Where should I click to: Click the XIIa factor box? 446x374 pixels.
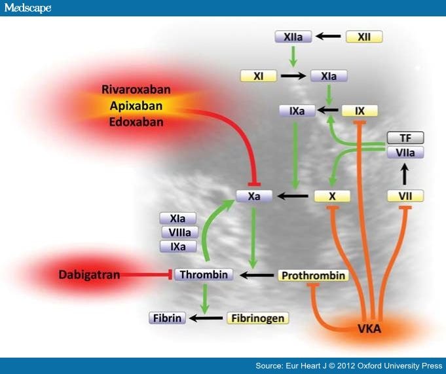tap(293, 37)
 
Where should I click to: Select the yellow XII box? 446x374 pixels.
tap(364, 37)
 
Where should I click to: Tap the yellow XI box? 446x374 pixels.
tap(259, 76)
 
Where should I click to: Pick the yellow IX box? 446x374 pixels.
tap(360, 111)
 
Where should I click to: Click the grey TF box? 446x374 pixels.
tap(405, 138)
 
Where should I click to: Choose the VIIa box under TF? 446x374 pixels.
tap(405, 153)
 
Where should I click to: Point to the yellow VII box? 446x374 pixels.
tap(405, 196)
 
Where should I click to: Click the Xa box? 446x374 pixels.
tap(254, 196)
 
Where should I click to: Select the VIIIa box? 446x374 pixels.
tap(179, 233)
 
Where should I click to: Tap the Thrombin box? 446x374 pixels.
tap(204, 274)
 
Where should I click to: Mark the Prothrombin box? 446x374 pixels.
tap(313, 276)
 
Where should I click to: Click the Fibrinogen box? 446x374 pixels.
tap(257, 318)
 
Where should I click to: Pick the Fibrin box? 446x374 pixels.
tap(167, 318)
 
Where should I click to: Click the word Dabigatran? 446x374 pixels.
tap(89, 274)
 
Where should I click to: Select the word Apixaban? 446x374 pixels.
tap(136, 106)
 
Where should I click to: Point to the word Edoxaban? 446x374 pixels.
tap(136, 122)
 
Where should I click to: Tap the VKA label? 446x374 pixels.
tap(369, 329)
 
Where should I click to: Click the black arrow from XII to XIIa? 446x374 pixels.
tap(328, 37)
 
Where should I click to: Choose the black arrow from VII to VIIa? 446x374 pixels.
tap(405, 174)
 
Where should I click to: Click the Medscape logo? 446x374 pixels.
tap(28, 8)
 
